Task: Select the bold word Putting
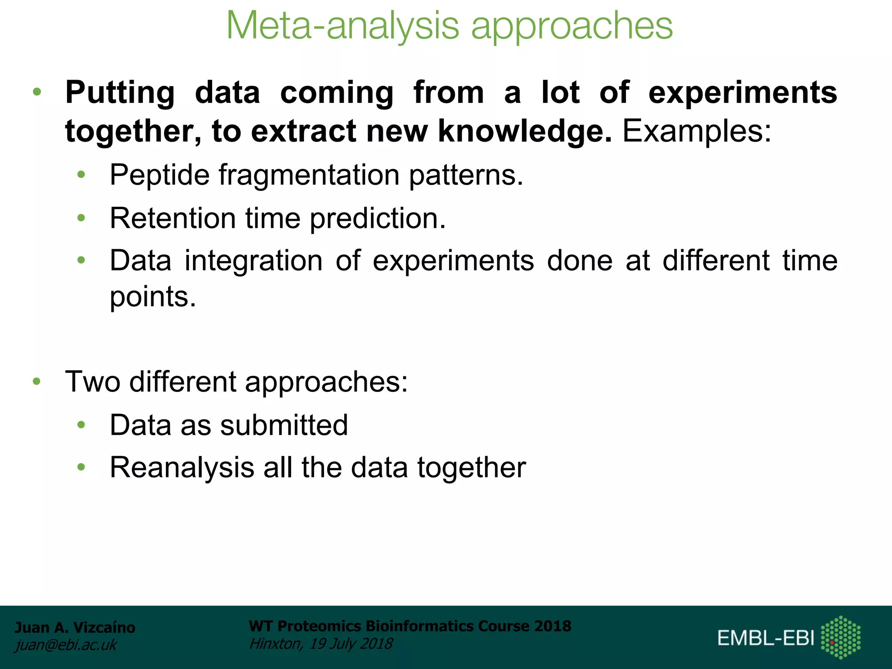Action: coord(120,93)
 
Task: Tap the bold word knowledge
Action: coord(525,131)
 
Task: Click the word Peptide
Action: coord(159,175)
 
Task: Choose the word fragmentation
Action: coord(309,175)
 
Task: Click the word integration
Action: coord(253,260)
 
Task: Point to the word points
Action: coord(152,297)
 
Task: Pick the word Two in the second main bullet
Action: coord(92,382)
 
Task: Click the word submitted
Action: coord(284,425)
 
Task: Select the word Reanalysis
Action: coord(182,467)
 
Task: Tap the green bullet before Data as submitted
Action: coord(81,425)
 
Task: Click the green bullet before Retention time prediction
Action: coord(81,218)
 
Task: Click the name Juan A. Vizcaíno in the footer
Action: coord(75,627)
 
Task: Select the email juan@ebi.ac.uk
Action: coord(66,645)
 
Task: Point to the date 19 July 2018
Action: coord(351,643)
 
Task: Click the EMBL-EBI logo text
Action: coord(766,638)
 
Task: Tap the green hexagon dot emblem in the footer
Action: coord(841,637)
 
